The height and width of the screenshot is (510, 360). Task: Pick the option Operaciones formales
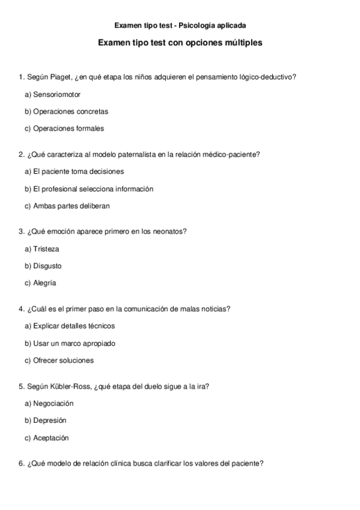64,128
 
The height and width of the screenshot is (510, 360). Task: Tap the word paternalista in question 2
137,155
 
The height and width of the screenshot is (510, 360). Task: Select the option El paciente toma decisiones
75,171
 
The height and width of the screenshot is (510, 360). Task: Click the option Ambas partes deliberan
67,206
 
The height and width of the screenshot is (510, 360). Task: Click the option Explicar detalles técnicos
70,326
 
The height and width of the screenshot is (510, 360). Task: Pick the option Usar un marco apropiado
70,343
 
